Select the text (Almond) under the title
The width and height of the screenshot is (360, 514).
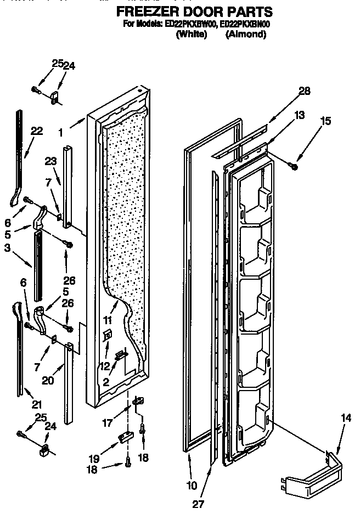pos(246,34)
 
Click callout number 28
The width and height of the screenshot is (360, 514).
pos(305,91)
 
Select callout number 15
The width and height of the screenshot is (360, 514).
pos(326,121)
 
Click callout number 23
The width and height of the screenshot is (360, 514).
pos(50,162)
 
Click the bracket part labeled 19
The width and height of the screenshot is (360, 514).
pos(126,437)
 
